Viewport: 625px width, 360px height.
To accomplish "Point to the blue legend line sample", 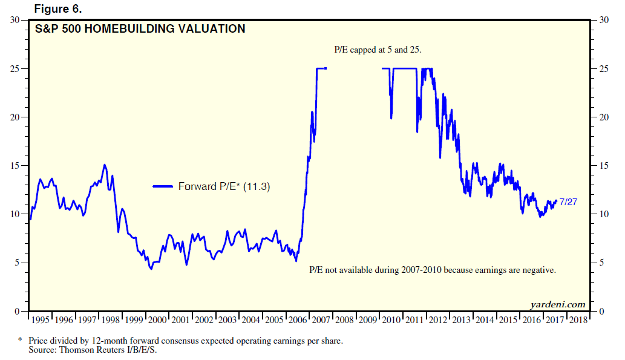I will tap(163, 186).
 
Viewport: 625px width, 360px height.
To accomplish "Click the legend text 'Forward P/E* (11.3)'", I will tap(224, 186).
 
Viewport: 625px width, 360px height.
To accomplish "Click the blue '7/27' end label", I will tap(568, 201).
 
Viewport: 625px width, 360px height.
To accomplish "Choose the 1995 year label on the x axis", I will tap(40, 319).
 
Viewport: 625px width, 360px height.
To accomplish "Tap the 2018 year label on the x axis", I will tap(578, 319).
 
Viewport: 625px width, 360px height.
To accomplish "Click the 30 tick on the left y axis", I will tap(18, 20).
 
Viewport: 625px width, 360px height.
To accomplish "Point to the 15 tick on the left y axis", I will tap(18, 165).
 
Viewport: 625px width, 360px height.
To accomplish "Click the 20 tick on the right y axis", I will tap(603, 117).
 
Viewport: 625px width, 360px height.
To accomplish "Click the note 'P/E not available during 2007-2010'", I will tap(432, 270).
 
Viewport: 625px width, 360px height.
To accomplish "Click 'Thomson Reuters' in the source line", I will tap(92, 350).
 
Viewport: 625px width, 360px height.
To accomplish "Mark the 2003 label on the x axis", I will tap(227, 319).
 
